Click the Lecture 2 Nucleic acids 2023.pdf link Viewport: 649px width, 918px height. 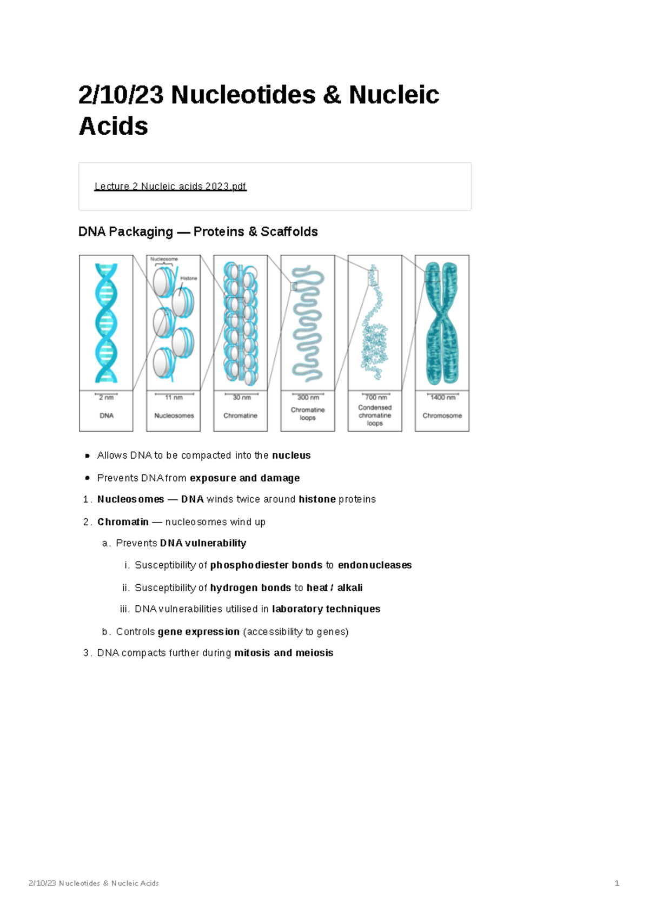[x=170, y=186]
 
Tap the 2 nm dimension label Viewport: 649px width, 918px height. [x=107, y=398]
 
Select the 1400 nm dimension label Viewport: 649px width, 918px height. [x=443, y=398]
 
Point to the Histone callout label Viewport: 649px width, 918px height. [x=189, y=278]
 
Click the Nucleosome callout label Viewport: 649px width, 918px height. [x=164, y=259]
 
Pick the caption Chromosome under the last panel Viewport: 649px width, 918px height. [x=442, y=415]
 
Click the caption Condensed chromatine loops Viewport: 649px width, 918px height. [x=375, y=415]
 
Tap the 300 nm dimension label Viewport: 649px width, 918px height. [x=308, y=398]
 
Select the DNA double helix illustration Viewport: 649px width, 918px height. [x=106, y=323]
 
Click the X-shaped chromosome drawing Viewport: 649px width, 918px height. [x=442, y=323]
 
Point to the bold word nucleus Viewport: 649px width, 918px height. [x=291, y=455]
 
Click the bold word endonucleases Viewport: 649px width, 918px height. [x=375, y=565]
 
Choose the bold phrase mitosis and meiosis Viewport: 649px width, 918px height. [x=283, y=653]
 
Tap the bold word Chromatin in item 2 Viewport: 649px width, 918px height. [x=123, y=522]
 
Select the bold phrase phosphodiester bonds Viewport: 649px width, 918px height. [x=266, y=565]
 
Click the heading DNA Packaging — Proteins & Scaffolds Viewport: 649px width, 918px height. [x=198, y=232]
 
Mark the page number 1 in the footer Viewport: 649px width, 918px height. [x=617, y=883]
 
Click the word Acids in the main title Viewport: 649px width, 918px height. [x=114, y=126]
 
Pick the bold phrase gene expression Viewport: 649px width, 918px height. [x=198, y=632]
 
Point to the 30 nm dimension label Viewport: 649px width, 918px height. [x=242, y=398]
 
